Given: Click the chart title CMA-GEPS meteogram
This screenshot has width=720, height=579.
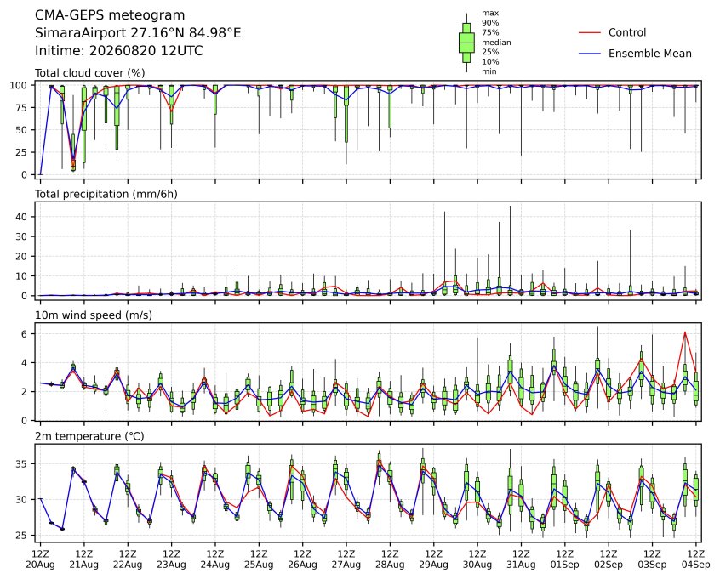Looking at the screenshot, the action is pyautogui.click(x=110, y=15).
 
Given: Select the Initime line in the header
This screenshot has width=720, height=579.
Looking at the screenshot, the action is pyautogui.click(x=119, y=50).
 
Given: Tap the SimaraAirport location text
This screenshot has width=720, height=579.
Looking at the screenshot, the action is pyautogui.click(x=138, y=33).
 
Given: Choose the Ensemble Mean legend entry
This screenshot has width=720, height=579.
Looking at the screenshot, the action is pyautogui.click(x=635, y=54).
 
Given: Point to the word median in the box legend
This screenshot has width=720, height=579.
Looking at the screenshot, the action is pyautogui.click(x=496, y=43).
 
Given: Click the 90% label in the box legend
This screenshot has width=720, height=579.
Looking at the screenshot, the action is pyautogui.click(x=490, y=22).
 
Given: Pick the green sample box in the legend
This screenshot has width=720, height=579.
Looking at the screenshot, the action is pyautogui.click(x=466, y=43).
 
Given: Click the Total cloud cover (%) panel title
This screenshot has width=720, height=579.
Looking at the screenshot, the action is pyautogui.click(x=90, y=73).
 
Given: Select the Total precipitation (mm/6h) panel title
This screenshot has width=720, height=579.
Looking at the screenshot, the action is pyautogui.click(x=106, y=194).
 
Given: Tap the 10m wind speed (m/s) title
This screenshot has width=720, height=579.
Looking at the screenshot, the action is pyautogui.click(x=94, y=315).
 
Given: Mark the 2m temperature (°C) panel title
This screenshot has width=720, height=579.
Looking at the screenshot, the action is pyautogui.click(x=89, y=436).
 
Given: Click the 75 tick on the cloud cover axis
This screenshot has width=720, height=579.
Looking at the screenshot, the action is pyautogui.click(x=21, y=107).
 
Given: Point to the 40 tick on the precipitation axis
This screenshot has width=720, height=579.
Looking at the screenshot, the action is pyautogui.click(x=21, y=217).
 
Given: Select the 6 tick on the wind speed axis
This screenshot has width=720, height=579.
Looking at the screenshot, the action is pyautogui.click(x=25, y=334).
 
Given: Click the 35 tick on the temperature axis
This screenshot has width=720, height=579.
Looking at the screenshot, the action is pyautogui.click(x=21, y=464).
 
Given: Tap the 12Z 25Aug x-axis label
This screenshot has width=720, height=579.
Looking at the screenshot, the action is pyautogui.click(x=259, y=559).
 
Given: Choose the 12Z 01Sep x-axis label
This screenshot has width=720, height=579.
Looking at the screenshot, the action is pyautogui.click(x=565, y=559).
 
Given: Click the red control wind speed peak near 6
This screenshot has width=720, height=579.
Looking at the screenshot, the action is pyautogui.click(x=685, y=332).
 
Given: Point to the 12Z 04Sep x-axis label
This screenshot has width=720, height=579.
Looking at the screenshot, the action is pyautogui.click(x=696, y=559).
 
